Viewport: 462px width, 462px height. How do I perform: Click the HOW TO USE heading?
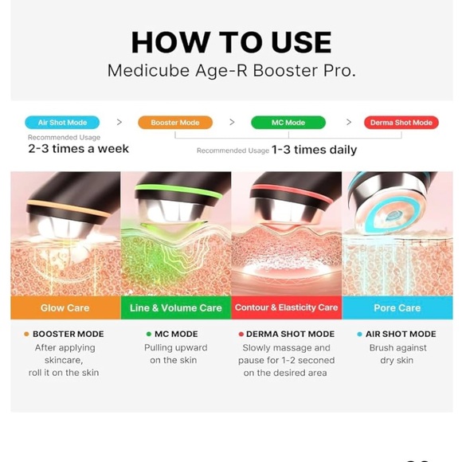pos(231,41)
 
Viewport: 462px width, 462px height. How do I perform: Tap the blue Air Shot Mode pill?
pos(62,123)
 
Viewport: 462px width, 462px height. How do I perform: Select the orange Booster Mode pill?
pos(175,123)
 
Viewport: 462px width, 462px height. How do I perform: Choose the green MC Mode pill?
pos(288,123)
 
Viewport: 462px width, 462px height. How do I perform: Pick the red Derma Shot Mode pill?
pos(401,123)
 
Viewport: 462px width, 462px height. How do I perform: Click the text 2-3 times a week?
pos(78,149)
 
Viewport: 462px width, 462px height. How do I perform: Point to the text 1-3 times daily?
pos(314,150)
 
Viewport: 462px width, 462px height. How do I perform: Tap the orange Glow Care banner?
pos(65,307)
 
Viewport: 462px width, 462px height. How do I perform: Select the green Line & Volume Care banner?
pos(175,307)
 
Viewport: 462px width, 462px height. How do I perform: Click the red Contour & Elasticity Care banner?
pos(286,307)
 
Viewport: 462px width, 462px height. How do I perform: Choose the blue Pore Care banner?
pos(397,307)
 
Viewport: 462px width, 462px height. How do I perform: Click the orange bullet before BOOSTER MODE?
pos(27,335)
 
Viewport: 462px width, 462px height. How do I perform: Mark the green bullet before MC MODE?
pos(149,335)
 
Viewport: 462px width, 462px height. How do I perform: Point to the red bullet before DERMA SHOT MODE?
pos(241,335)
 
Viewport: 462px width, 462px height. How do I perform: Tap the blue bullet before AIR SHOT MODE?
pos(360,335)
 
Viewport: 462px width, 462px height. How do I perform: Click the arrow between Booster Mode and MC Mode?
pos(232,123)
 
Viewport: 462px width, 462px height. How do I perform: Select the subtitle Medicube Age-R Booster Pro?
pos(231,71)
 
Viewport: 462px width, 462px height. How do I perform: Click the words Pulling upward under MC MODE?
pos(175,348)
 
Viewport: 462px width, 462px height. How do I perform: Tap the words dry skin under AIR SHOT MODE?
pos(397,361)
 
